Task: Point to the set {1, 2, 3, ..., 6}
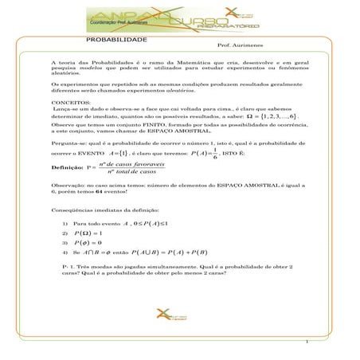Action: click(278, 116)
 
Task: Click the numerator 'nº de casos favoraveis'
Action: click(131, 163)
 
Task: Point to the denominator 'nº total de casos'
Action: click(131, 173)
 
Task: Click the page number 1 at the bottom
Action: click(306, 344)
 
